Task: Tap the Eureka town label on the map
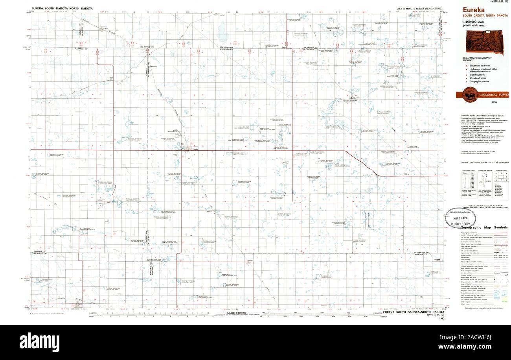(195, 149)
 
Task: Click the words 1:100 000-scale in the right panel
(474, 22)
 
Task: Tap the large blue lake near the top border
(222, 31)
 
